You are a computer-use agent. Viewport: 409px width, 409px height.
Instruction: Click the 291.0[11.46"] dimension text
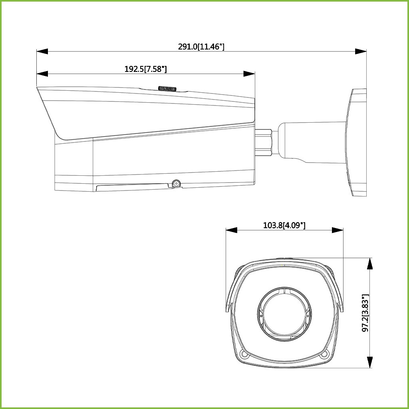click(x=201, y=47)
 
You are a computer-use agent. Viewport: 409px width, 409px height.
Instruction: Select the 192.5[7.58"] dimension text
click(x=145, y=69)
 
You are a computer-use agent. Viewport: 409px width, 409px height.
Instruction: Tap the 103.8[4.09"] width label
click(x=284, y=225)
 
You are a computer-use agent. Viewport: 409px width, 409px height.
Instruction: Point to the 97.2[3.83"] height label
click(x=365, y=313)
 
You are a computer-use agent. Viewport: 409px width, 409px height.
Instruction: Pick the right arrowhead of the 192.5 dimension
click(x=249, y=74)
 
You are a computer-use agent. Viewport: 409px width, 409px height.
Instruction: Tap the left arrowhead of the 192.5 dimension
click(x=42, y=74)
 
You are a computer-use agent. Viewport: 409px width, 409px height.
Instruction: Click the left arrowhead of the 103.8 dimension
click(x=232, y=230)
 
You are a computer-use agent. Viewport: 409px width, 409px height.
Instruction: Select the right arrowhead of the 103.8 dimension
click(x=338, y=230)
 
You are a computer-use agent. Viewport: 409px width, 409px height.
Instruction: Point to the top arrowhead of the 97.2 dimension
click(x=370, y=263)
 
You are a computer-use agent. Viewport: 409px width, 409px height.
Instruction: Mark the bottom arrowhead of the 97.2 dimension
click(x=370, y=362)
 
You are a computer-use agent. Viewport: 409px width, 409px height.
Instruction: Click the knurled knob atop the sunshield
click(x=168, y=88)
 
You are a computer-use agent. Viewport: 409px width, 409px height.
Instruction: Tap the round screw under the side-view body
click(x=175, y=184)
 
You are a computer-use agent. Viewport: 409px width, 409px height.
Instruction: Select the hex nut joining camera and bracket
click(x=264, y=142)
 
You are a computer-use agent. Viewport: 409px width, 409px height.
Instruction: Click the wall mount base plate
click(x=358, y=142)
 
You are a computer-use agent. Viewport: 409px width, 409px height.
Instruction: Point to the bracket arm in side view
click(x=310, y=142)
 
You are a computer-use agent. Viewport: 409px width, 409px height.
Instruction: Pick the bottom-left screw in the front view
click(x=244, y=354)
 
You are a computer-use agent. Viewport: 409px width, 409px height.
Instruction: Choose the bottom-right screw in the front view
click(x=324, y=354)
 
